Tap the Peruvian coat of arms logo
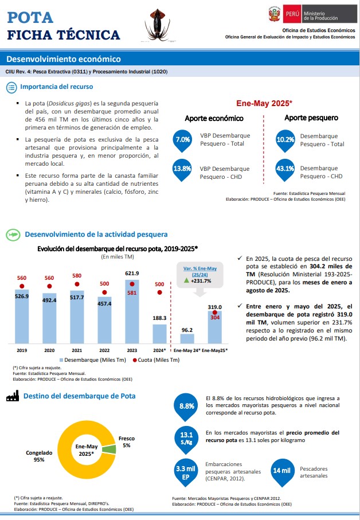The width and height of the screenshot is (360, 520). click(x=275, y=14)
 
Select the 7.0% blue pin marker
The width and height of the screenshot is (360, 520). click(x=182, y=141)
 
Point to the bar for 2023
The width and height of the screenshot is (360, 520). click(x=132, y=311)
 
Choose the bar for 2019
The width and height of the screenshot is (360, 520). click(x=22, y=316)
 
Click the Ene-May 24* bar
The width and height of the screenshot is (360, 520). click(x=187, y=339)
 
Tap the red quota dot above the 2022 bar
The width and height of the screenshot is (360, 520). click(x=104, y=292)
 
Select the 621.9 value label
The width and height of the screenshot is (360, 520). click(x=132, y=273)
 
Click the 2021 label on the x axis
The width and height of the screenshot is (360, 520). click(x=77, y=350)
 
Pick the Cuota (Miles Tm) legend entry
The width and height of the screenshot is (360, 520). click(x=156, y=360)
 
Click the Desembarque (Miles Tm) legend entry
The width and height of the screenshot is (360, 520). click(x=93, y=360)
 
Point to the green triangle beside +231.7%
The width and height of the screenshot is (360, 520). click(x=186, y=280)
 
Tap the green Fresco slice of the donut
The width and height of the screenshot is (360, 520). click(x=109, y=449)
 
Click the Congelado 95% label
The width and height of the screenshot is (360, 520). click(x=39, y=456)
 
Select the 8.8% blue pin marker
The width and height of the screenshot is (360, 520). click(x=187, y=407)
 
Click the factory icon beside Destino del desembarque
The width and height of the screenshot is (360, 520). click(x=13, y=396)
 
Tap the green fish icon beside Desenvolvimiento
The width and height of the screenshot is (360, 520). click(x=13, y=235)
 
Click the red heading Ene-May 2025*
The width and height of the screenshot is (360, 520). click(x=264, y=103)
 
